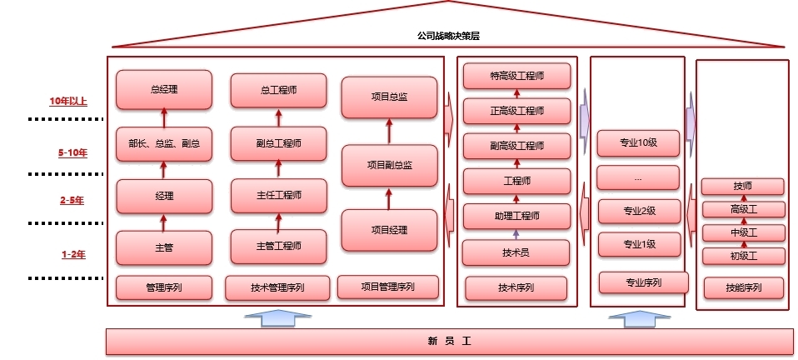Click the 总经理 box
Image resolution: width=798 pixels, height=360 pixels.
164,89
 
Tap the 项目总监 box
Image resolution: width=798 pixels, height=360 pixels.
389,97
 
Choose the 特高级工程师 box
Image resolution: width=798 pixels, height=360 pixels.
516,76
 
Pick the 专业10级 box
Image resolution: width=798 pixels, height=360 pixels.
639,142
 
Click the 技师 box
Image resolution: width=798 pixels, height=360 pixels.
743,186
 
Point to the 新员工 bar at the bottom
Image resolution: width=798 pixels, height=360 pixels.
449,341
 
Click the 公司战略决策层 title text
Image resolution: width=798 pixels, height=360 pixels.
449,36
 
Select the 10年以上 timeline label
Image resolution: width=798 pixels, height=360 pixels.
68,102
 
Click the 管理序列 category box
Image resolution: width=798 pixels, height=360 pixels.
164,287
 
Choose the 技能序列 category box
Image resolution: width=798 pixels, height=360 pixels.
743,288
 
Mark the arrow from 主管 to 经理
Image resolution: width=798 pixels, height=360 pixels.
164,222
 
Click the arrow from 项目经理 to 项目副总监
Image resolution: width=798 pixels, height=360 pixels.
389,198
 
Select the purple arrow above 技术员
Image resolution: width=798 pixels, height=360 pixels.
516,234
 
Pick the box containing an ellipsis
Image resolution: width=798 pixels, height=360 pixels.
639,177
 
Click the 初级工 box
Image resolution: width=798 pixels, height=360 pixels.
743,256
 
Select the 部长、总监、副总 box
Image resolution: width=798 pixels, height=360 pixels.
164,143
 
